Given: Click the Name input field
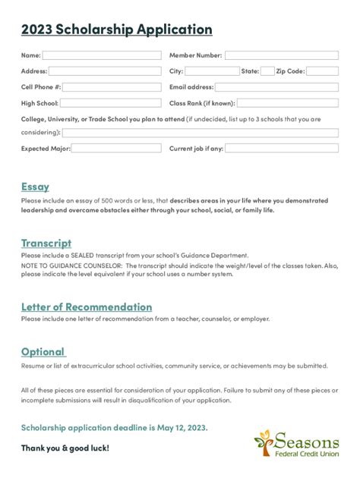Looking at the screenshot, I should coord(102,55).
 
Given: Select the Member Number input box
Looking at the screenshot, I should coord(281,55).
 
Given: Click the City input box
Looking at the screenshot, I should coord(212,71).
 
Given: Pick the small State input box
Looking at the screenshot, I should coord(267,71).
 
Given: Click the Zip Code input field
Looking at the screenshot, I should coord(322,71).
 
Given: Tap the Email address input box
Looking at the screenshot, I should coord(277,87).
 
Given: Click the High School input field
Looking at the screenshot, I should coord(110,103).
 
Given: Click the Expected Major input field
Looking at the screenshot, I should coord(116,149).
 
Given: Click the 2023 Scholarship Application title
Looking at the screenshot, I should coord(116,30).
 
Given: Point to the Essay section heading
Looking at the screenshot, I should coord(35,186).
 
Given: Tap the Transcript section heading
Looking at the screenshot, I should coord(46,243).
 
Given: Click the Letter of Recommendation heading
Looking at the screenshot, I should coord(87,307).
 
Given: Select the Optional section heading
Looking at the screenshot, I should coord(43,351).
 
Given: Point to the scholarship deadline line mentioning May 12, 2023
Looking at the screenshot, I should coord(114,427).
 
